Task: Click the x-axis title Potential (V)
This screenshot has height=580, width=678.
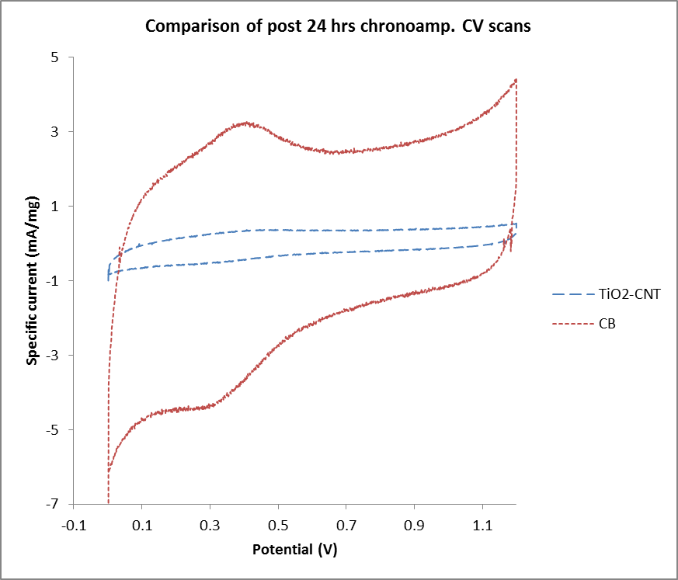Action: pos(295,550)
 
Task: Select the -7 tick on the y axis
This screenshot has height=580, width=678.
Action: pos(56,505)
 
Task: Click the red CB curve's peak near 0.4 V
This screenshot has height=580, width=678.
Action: pos(246,123)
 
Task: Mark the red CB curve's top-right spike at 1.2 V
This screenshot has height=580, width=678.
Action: pos(515,80)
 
